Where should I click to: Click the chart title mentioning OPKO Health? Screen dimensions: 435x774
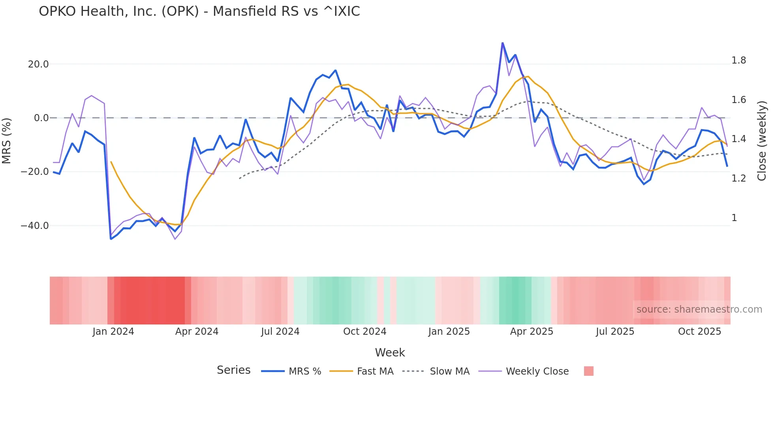pyautogui.click(x=199, y=11)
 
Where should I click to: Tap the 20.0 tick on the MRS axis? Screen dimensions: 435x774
pyautogui.click(x=38, y=64)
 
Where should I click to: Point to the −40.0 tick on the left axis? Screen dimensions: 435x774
pyautogui.click(x=35, y=226)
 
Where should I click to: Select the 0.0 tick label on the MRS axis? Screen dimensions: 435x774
pyautogui.click(x=41, y=118)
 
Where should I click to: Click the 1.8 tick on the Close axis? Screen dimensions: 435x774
pyautogui.click(x=738, y=60)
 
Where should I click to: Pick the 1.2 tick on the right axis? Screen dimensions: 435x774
pyautogui.click(x=738, y=178)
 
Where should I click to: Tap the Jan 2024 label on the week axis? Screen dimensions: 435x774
pyautogui.click(x=113, y=332)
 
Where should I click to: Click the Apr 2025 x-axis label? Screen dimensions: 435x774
pyautogui.click(x=532, y=332)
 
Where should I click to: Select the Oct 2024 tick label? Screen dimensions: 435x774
pyautogui.click(x=364, y=332)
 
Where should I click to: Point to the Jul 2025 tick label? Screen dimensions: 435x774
pyautogui.click(x=615, y=332)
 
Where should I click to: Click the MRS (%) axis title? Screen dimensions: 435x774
pyautogui.click(x=7, y=141)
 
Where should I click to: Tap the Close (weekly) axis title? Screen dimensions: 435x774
pyautogui.click(x=762, y=141)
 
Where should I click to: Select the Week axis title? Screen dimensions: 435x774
pyautogui.click(x=390, y=352)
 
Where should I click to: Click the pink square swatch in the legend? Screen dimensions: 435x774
pyautogui.click(x=588, y=371)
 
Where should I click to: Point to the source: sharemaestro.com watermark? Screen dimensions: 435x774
pyautogui.click(x=699, y=309)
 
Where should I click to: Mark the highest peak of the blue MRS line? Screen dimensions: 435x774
pyautogui.click(x=502, y=43)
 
